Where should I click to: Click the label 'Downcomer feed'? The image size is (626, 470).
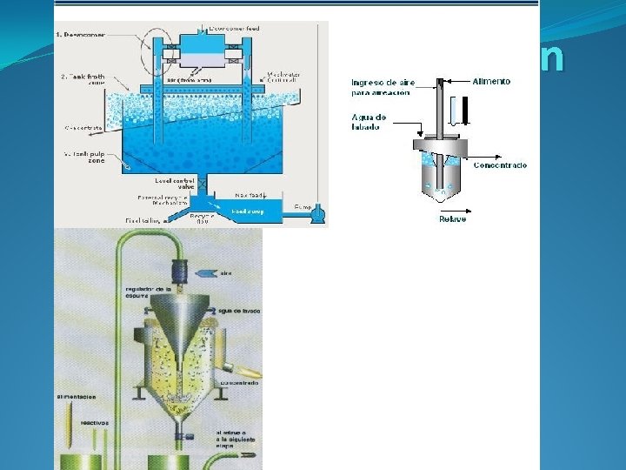click(234, 29)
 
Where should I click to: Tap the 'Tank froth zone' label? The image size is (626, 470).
click(85, 80)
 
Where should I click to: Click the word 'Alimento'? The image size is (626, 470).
click(491, 81)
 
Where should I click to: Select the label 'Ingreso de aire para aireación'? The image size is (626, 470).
click(383, 86)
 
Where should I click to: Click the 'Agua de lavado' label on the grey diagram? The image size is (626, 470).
click(365, 123)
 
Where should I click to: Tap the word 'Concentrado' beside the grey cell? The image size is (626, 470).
click(499, 164)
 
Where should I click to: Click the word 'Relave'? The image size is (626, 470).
click(451, 218)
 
